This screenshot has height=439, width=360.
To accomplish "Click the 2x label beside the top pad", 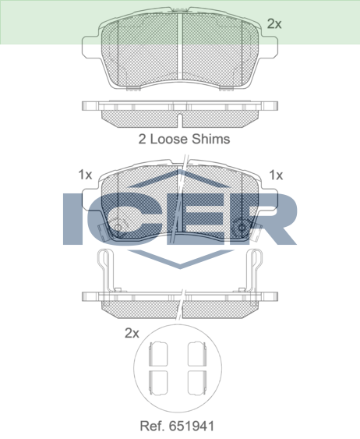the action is [274, 24].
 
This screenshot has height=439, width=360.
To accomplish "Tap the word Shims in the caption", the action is [210, 139].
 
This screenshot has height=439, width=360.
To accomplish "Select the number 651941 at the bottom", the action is [192, 426].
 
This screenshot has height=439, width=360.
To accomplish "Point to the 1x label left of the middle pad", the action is [85, 175].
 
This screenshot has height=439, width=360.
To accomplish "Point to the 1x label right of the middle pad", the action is [276, 175].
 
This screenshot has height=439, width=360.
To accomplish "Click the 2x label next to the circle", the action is [132, 333].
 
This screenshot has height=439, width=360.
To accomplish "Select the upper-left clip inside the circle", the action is [158, 354].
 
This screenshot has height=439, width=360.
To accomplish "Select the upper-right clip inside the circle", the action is [197, 354].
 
